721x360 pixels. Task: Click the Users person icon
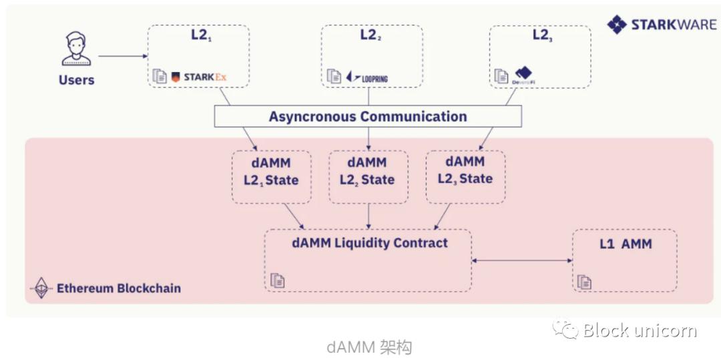tap(76, 49)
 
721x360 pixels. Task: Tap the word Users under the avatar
tap(76, 80)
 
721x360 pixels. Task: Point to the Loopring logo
tap(367, 77)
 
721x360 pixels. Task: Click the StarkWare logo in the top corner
tap(661, 25)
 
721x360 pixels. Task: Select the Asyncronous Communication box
tap(368, 117)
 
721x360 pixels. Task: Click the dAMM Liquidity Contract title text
tap(370, 242)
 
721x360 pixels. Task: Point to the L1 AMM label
tap(625, 244)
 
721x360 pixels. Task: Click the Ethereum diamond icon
tap(42, 288)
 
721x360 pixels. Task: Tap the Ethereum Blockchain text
tap(118, 289)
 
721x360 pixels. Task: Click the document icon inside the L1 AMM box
tap(585, 281)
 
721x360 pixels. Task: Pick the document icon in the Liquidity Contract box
tap(278, 281)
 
